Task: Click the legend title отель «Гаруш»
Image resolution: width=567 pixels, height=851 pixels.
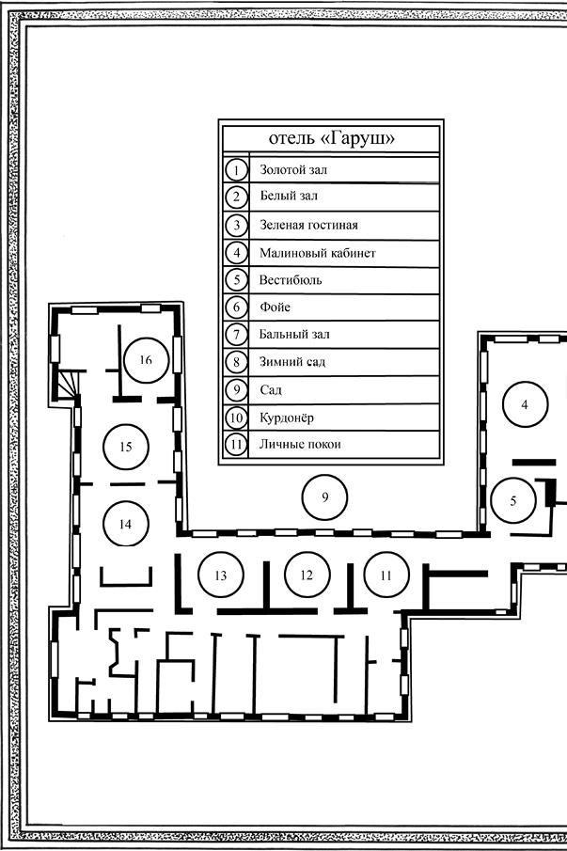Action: click(331, 137)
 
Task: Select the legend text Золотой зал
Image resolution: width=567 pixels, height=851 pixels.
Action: click(294, 170)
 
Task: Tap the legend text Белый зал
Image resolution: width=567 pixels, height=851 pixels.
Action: click(289, 197)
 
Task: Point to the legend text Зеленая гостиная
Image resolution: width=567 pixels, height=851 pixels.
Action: click(308, 225)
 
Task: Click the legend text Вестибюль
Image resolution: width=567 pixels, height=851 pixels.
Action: click(291, 280)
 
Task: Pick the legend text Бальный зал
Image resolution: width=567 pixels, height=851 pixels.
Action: click(294, 335)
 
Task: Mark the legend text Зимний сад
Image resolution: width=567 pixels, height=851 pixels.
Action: click(292, 362)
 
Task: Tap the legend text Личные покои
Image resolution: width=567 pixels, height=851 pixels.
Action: click(300, 444)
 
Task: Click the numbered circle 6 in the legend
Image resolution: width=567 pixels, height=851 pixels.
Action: click(237, 307)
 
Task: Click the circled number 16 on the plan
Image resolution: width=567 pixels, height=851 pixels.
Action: click(145, 359)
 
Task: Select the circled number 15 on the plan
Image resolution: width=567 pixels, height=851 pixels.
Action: click(126, 447)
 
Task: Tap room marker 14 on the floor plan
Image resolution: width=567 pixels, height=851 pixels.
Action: click(126, 524)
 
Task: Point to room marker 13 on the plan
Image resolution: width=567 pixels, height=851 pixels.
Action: click(221, 575)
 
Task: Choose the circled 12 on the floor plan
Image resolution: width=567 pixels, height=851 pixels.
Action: click(305, 575)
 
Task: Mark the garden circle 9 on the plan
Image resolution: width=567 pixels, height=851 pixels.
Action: click(324, 497)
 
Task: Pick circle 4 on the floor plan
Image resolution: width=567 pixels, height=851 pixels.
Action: click(525, 404)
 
